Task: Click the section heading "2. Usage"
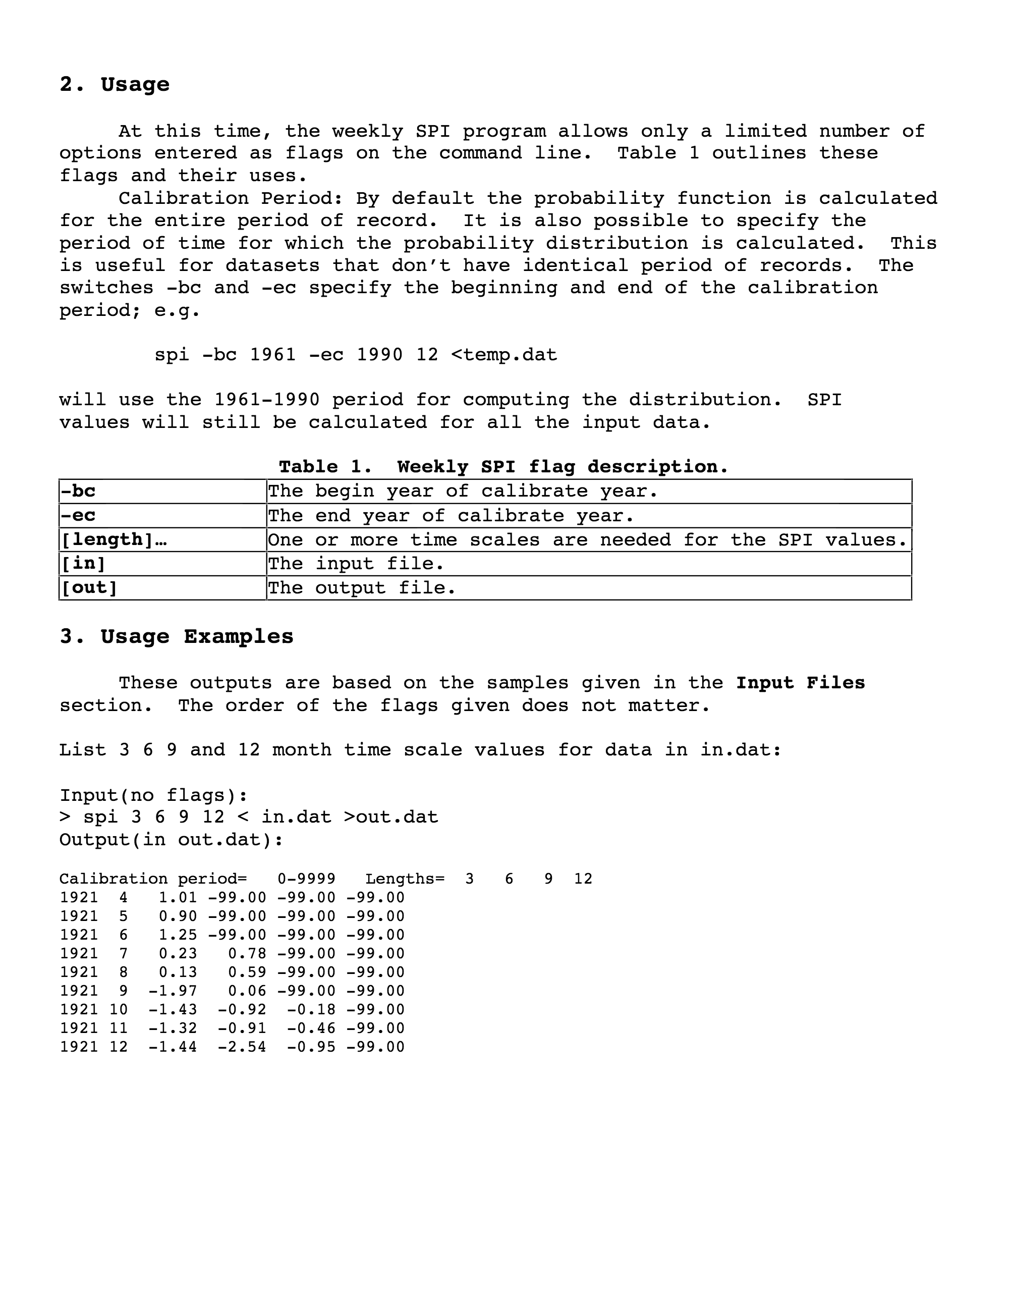114,84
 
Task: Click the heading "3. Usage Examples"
177,636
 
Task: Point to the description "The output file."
362,588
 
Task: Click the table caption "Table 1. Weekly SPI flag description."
503,466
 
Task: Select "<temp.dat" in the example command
504,355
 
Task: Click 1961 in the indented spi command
272,355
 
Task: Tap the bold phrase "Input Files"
800,683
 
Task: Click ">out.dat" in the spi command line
391,818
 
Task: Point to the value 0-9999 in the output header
306,879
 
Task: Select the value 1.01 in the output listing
178,898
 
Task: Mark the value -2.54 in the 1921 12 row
242,1047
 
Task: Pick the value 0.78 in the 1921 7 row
247,954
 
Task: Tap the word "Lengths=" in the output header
405,879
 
